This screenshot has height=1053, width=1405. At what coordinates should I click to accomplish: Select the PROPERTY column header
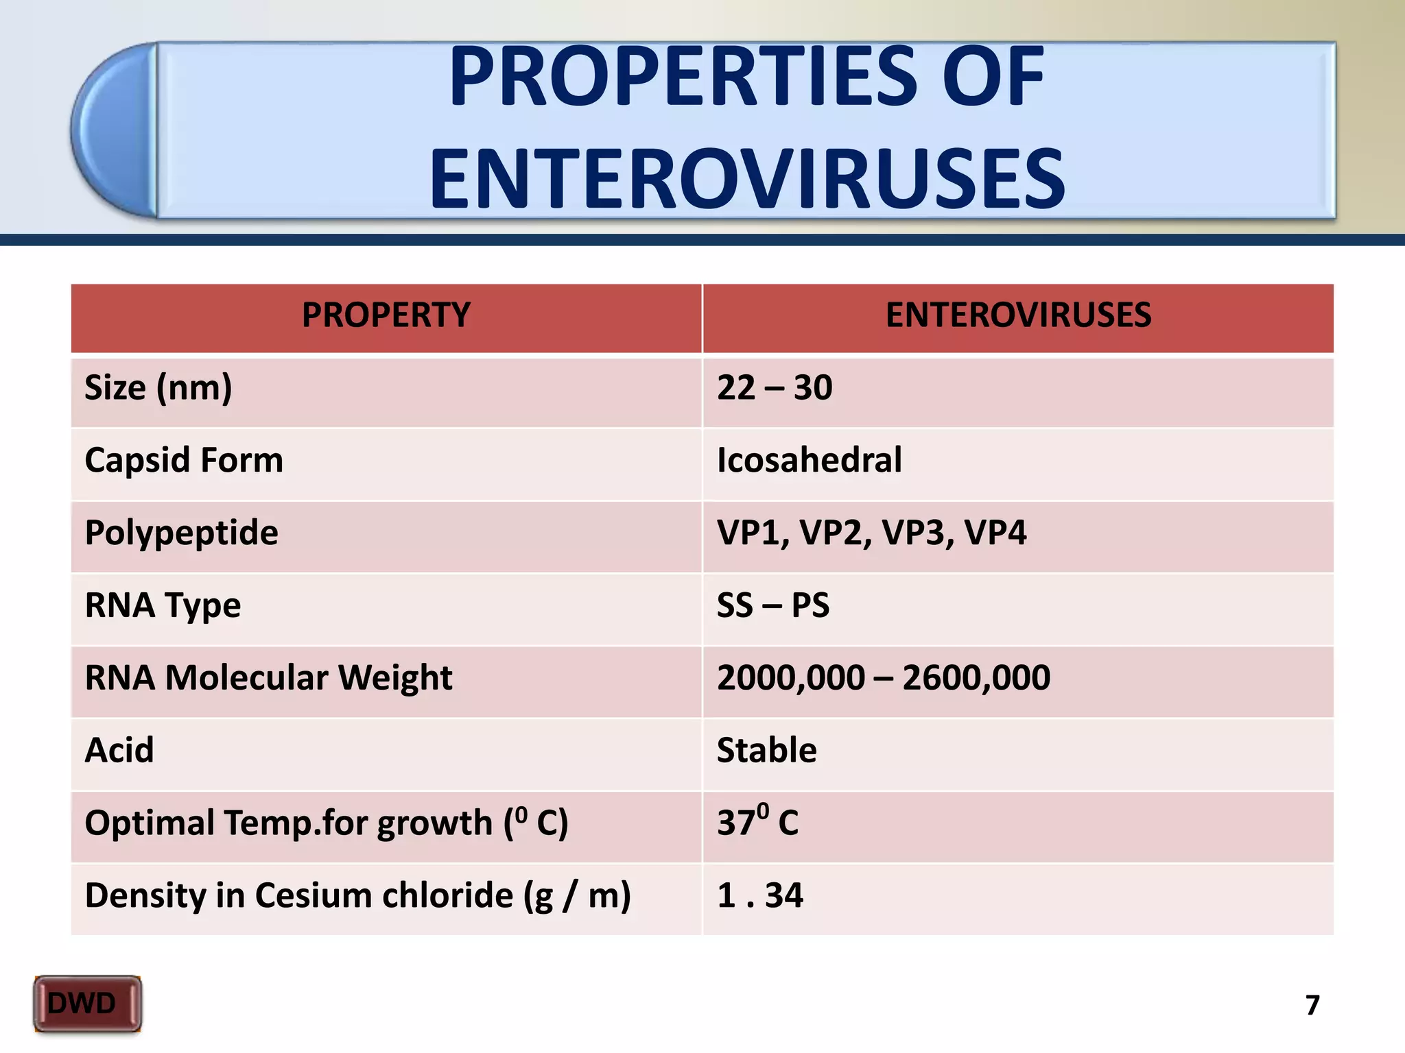pos(386,315)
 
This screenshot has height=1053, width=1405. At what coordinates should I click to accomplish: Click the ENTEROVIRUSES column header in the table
pos(1018,315)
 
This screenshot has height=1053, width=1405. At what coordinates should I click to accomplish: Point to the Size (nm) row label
pos(158,388)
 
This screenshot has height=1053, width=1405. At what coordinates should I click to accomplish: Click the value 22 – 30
pos(775,388)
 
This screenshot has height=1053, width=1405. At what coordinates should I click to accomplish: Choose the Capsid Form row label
pos(184,460)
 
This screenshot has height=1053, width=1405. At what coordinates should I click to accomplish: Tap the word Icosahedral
pos(809,460)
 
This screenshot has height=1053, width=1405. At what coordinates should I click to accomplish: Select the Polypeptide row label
pos(181,533)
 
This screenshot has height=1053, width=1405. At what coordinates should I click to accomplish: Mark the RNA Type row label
pos(163,606)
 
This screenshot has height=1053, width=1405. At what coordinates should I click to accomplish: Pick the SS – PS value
pos(773,605)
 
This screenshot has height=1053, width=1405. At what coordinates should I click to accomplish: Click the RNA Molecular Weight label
pos(268,678)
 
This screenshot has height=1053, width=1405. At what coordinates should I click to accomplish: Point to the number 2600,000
pos(976,678)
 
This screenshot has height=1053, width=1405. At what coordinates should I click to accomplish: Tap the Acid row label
pos(119,750)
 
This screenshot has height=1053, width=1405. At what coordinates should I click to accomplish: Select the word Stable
pos(766,750)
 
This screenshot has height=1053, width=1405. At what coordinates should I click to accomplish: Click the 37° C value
pos(757,821)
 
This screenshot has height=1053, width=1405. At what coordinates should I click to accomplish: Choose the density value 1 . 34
pos(759,895)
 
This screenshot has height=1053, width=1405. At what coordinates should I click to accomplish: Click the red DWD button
pos(87,1004)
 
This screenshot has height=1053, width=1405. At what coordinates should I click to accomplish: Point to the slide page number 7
pos(1312,1005)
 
